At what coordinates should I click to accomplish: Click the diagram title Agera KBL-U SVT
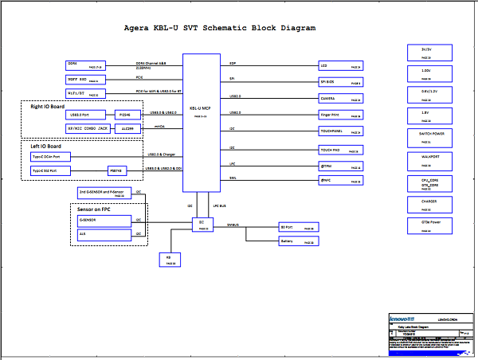(220, 28)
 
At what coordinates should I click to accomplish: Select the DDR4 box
(85, 64)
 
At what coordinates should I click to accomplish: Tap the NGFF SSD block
(85, 79)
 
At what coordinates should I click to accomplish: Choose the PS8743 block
(117, 170)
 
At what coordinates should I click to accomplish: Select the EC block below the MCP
(202, 224)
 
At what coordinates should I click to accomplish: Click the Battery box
(298, 241)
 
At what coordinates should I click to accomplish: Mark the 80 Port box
(298, 227)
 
